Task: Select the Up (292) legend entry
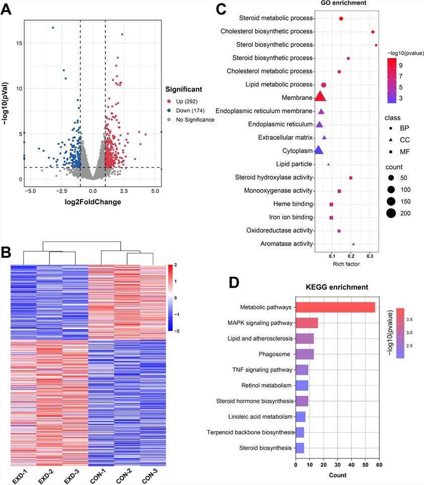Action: point(186,101)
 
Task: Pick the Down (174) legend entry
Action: point(189,110)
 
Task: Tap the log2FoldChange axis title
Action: point(92,202)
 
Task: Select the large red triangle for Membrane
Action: point(320,97)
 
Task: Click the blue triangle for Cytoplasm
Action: point(318,150)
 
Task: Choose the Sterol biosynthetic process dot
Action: point(376,45)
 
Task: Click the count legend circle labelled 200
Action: point(391,213)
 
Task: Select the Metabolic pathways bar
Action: point(335,307)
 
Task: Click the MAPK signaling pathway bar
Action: point(306,323)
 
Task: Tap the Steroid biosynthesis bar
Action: point(299,448)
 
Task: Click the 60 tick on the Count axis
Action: point(379,465)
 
